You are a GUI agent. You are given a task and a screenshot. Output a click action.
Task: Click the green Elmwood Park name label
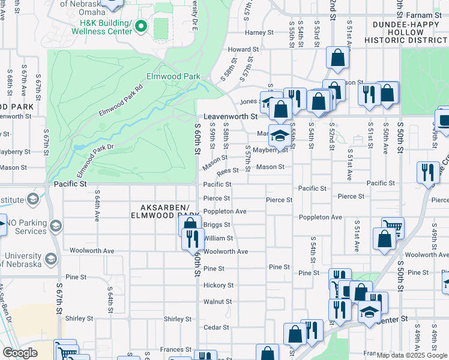(x=173, y=77)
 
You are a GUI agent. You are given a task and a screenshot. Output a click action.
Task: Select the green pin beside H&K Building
(x=141, y=25)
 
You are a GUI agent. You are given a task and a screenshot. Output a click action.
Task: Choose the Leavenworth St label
(x=230, y=116)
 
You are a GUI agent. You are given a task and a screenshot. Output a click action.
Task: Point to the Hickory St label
(x=218, y=285)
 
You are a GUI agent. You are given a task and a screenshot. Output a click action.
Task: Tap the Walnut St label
(x=217, y=302)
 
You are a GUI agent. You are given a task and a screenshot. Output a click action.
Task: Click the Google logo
(x=20, y=352)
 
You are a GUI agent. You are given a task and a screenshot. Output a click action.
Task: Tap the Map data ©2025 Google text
(x=412, y=355)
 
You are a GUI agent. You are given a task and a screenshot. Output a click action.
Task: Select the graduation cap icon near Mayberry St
(x=279, y=134)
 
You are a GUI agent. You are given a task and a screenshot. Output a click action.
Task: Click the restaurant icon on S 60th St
(x=193, y=239)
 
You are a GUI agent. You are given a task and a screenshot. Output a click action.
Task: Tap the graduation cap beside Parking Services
(x=56, y=226)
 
